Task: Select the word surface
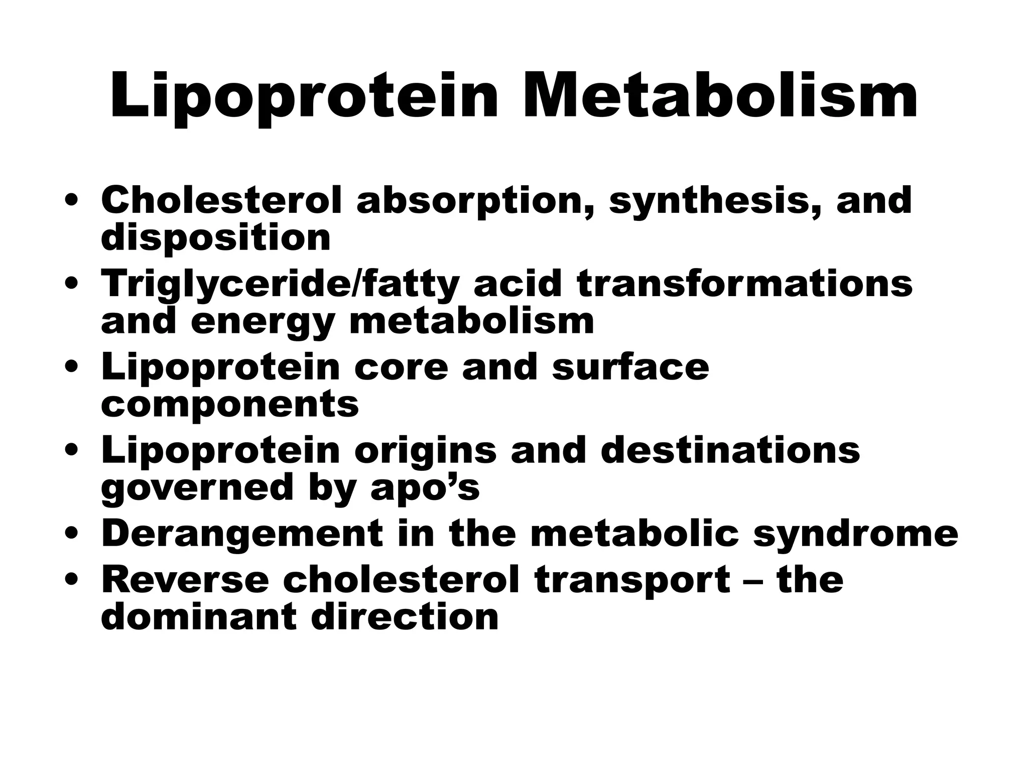pos(630,367)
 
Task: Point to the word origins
pos(425,450)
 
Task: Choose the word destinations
pos(730,450)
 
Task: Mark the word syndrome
pos(855,534)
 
